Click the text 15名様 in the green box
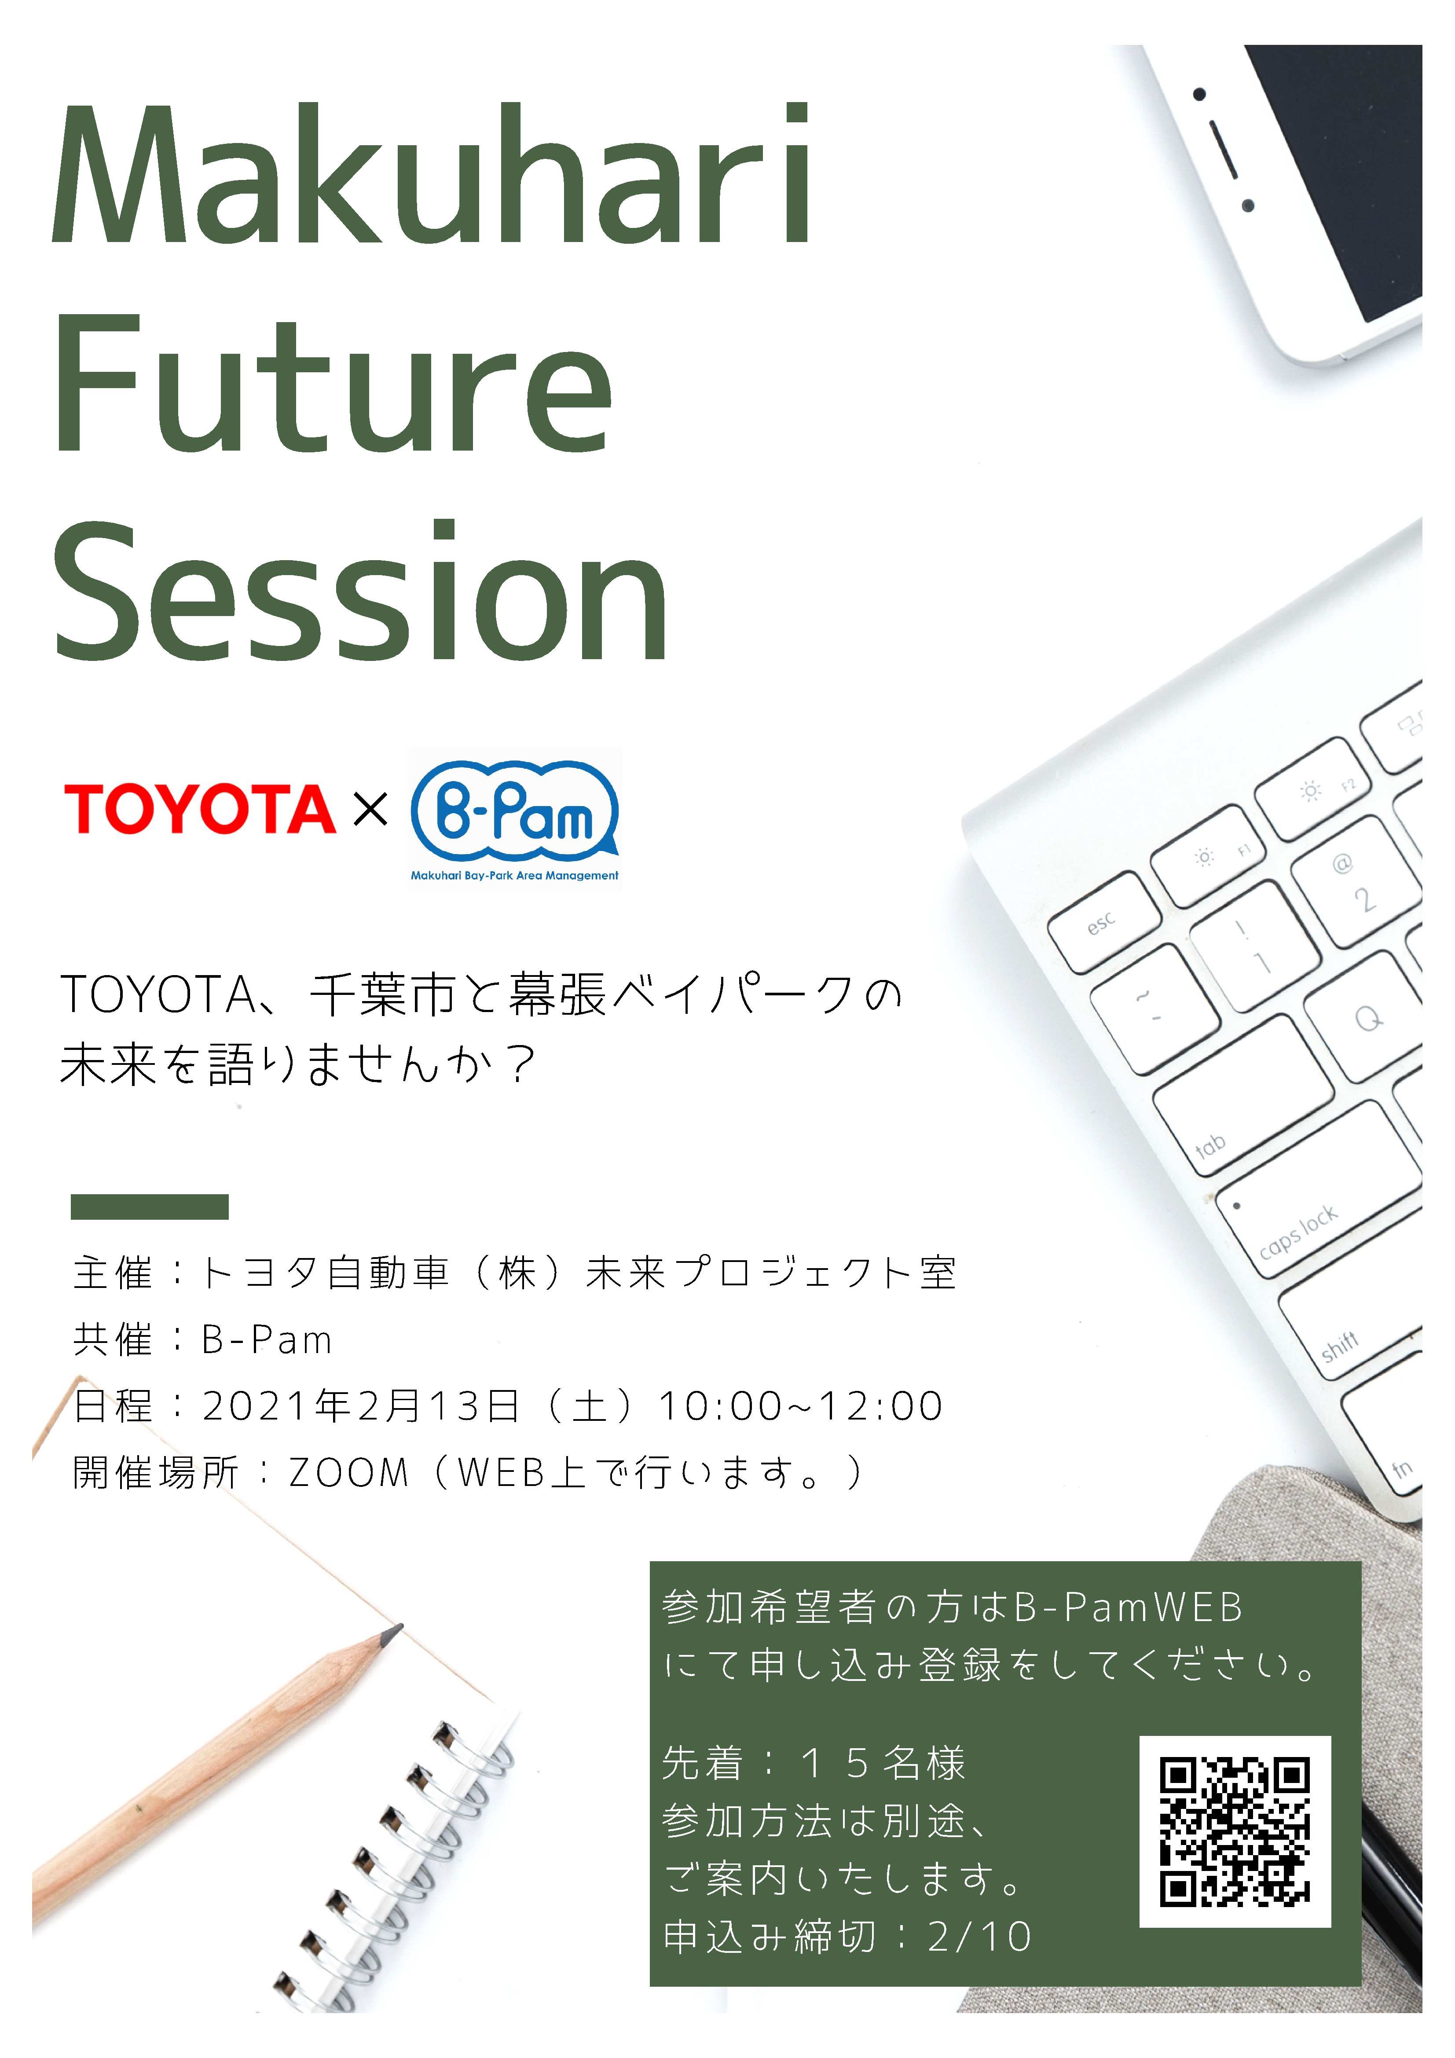coord(883,1763)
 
